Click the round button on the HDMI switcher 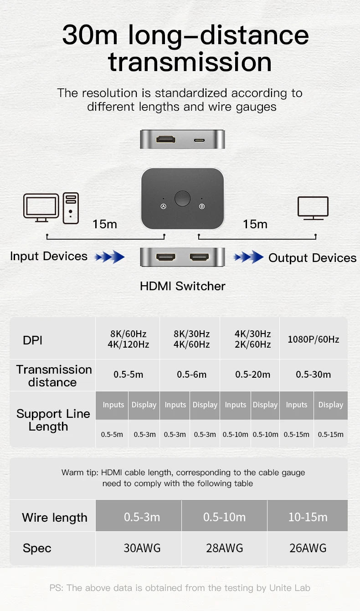[x=182, y=199]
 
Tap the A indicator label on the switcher [x=164, y=206]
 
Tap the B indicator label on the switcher [x=202, y=206]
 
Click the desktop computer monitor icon [x=41, y=208]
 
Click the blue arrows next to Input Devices [x=109, y=257]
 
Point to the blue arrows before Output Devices [x=248, y=257]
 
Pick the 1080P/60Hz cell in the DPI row [x=314, y=339]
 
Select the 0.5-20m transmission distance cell [x=252, y=375]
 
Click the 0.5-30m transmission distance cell [x=314, y=375]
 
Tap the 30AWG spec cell [x=142, y=548]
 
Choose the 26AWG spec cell [x=308, y=548]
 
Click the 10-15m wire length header [x=308, y=517]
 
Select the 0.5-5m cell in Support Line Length [x=112, y=434]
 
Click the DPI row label [x=33, y=340]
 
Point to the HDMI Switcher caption [x=182, y=286]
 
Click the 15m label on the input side [x=105, y=224]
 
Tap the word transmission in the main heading [x=190, y=62]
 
